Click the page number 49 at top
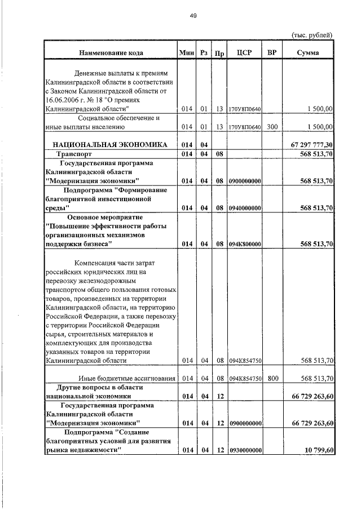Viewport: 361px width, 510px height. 192,16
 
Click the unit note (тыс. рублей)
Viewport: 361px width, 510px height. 311,35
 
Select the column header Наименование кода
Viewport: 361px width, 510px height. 111,53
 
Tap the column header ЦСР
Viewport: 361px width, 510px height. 245,53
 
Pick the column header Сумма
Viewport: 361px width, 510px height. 308,53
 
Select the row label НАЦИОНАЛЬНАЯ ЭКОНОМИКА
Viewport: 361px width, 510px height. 110,145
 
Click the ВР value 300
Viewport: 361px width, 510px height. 272,127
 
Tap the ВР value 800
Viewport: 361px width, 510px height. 272,379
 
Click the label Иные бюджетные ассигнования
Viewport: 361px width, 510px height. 126,379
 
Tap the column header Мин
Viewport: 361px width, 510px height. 186,53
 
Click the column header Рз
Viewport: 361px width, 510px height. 204,53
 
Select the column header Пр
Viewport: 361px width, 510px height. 220,54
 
